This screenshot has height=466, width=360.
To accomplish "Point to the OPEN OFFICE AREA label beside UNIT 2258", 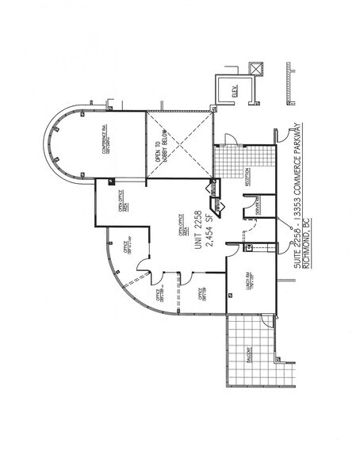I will [182, 231].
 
